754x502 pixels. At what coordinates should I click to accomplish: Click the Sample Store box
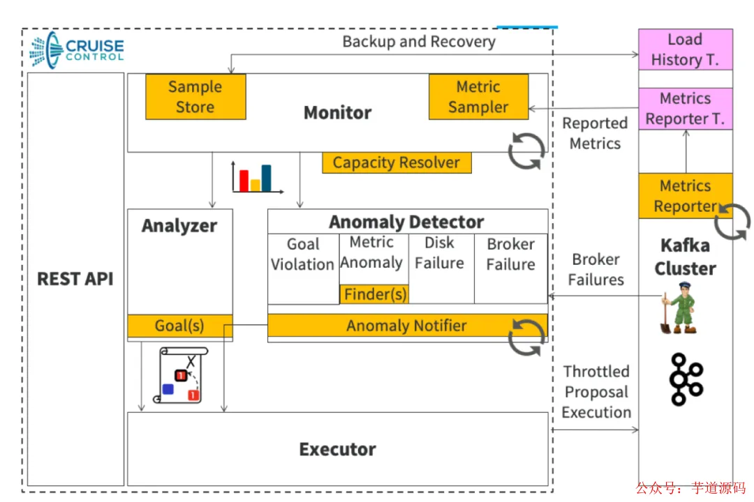(195, 97)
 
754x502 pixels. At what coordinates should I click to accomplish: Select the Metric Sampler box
(478, 97)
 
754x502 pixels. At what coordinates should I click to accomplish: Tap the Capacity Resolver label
(396, 163)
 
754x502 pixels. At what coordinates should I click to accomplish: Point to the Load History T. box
(685, 50)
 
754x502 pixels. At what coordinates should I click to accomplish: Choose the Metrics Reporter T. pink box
(685, 109)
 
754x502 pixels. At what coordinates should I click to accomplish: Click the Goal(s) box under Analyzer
(179, 326)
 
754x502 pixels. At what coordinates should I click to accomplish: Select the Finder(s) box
(374, 294)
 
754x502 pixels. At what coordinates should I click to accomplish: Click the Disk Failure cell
(440, 253)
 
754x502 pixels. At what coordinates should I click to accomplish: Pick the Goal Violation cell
(303, 254)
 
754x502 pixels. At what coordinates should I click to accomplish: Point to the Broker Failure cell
(511, 254)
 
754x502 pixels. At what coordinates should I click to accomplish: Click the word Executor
(337, 450)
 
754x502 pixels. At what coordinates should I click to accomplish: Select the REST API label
(75, 279)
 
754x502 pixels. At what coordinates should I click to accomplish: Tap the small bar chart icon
(257, 178)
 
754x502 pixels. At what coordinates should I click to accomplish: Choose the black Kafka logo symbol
(685, 379)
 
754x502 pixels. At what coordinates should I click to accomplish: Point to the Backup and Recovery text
(419, 42)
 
